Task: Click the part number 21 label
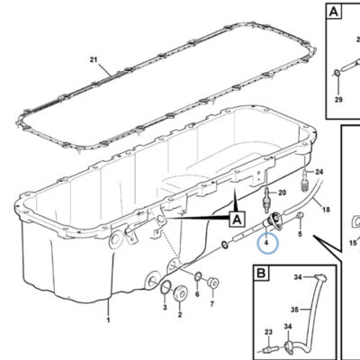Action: pyautogui.click(x=94, y=59)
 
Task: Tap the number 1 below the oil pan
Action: pyautogui.click(x=108, y=320)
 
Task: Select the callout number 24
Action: pyautogui.click(x=319, y=172)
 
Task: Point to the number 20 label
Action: pyautogui.click(x=282, y=193)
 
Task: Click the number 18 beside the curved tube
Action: pyautogui.click(x=326, y=210)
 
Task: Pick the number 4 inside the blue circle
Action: pyautogui.click(x=266, y=242)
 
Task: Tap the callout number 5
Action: pyautogui.click(x=300, y=234)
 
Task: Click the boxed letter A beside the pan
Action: pyautogui.click(x=238, y=220)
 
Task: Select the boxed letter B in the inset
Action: pyautogui.click(x=261, y=273)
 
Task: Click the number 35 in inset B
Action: pyautogui.click(x=295, y=310)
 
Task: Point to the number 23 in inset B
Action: pyautogui.click(x=268, y=332)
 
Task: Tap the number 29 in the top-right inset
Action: pyautogui.click(x=338, y=99)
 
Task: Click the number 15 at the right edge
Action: pyautogui.click(x=353, y=242)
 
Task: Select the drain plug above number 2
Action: pyautogui.click(x=181, y=292)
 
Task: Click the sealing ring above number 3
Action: pyautogui.click(x=166, y=287)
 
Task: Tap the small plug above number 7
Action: pyautogui.click(x=213, y=283)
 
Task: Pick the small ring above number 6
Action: pyautogui.click(x=198, y=276)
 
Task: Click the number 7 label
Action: pyautogui.click(x=212, y=304)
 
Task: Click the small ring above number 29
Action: pyautogui.click(x=337, y=73)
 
